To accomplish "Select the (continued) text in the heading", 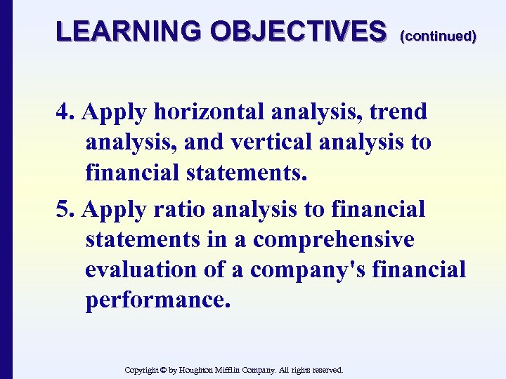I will point(438,36).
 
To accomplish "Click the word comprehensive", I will point(334,239).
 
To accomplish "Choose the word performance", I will point(157,300).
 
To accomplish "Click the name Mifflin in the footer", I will point(240,369).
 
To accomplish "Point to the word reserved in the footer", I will point(325,369).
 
